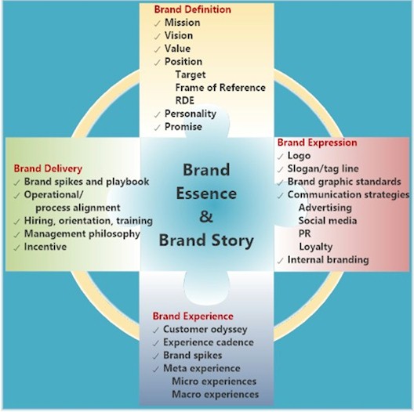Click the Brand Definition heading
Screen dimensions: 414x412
tap(192, 9)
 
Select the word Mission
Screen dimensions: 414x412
tap(183, 23)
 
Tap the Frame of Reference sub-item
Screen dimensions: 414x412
tap(220, 88)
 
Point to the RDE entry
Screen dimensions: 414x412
tap(185, 100)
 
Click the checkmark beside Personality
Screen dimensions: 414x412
tap(157, 114)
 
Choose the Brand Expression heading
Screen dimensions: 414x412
tap(317, 143)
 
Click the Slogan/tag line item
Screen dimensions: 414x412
tap(323, 168)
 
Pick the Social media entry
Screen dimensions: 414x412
tap(328, 221)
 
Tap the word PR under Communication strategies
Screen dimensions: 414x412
tap(305, 233)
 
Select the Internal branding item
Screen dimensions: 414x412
tap(329, 260)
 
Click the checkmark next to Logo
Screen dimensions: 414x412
tap(280, 157)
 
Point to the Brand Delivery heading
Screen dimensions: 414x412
tap(48, 168)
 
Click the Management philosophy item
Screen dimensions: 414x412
tap(82, 234)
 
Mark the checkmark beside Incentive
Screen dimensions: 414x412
tap(17, 248)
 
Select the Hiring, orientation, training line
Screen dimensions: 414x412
tap(89, 221)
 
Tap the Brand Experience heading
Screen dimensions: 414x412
tap(193, 316)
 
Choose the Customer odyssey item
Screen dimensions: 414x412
tap(205, 330)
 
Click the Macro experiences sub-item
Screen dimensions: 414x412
tap(216, 394)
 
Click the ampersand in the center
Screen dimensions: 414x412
tap(206, 216)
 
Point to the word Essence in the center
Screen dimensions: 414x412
tap(206, 193)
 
